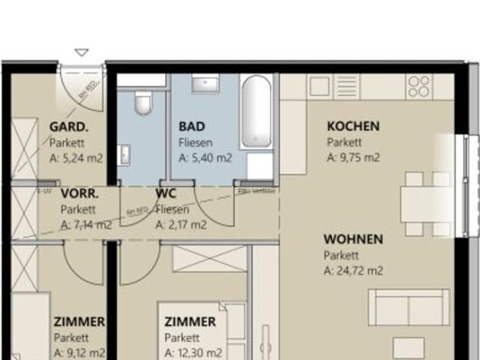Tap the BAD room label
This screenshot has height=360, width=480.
pyautogui.click(x=191, y=126)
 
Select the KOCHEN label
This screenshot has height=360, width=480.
pyautogui.click(x=352, y=126)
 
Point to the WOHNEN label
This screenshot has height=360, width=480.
pyautogui.click(x=353, y=239)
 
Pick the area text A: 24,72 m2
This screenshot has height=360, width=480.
pyautogui.click(x=353, y=271)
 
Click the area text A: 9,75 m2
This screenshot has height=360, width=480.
pyautogui.click(x=353, y=157)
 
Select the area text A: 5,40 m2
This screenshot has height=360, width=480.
pyautogui.click(x=205, y=158)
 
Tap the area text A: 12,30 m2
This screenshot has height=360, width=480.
pyautogui.click(x=193, y=352)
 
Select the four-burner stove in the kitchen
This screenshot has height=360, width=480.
pyautogui.click(x=419, y=86)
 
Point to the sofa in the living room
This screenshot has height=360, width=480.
pyautogui.click(x=409, y=307)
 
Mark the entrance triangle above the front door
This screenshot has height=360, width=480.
pyautogui.click(x=82, y=52)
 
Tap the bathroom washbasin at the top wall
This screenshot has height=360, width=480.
pyautogui.click(x=205, y=84)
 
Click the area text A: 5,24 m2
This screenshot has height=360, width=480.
pyautogui.click(x=76, y=158)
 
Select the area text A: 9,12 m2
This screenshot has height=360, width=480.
pyautogui.click(x=79, y=352)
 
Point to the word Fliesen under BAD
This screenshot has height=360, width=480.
pyautogui.click(x=196, y=142)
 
